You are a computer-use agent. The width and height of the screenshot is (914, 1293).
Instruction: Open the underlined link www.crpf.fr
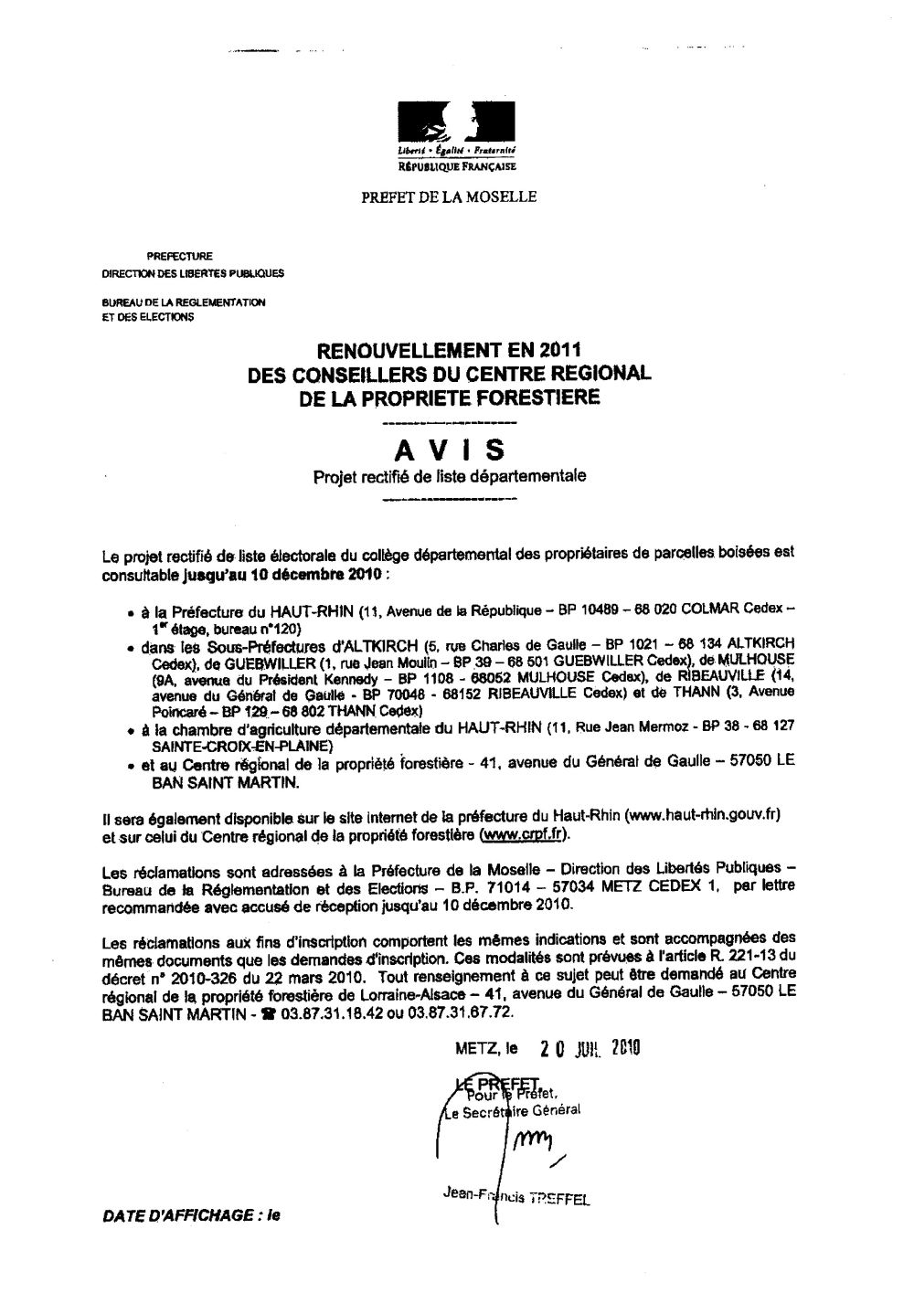click(526, 835)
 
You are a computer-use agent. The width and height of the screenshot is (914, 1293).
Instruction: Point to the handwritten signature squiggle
click(531, 1140)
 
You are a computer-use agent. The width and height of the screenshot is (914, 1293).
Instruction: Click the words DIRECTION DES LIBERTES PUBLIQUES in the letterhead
click(192, 272)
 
